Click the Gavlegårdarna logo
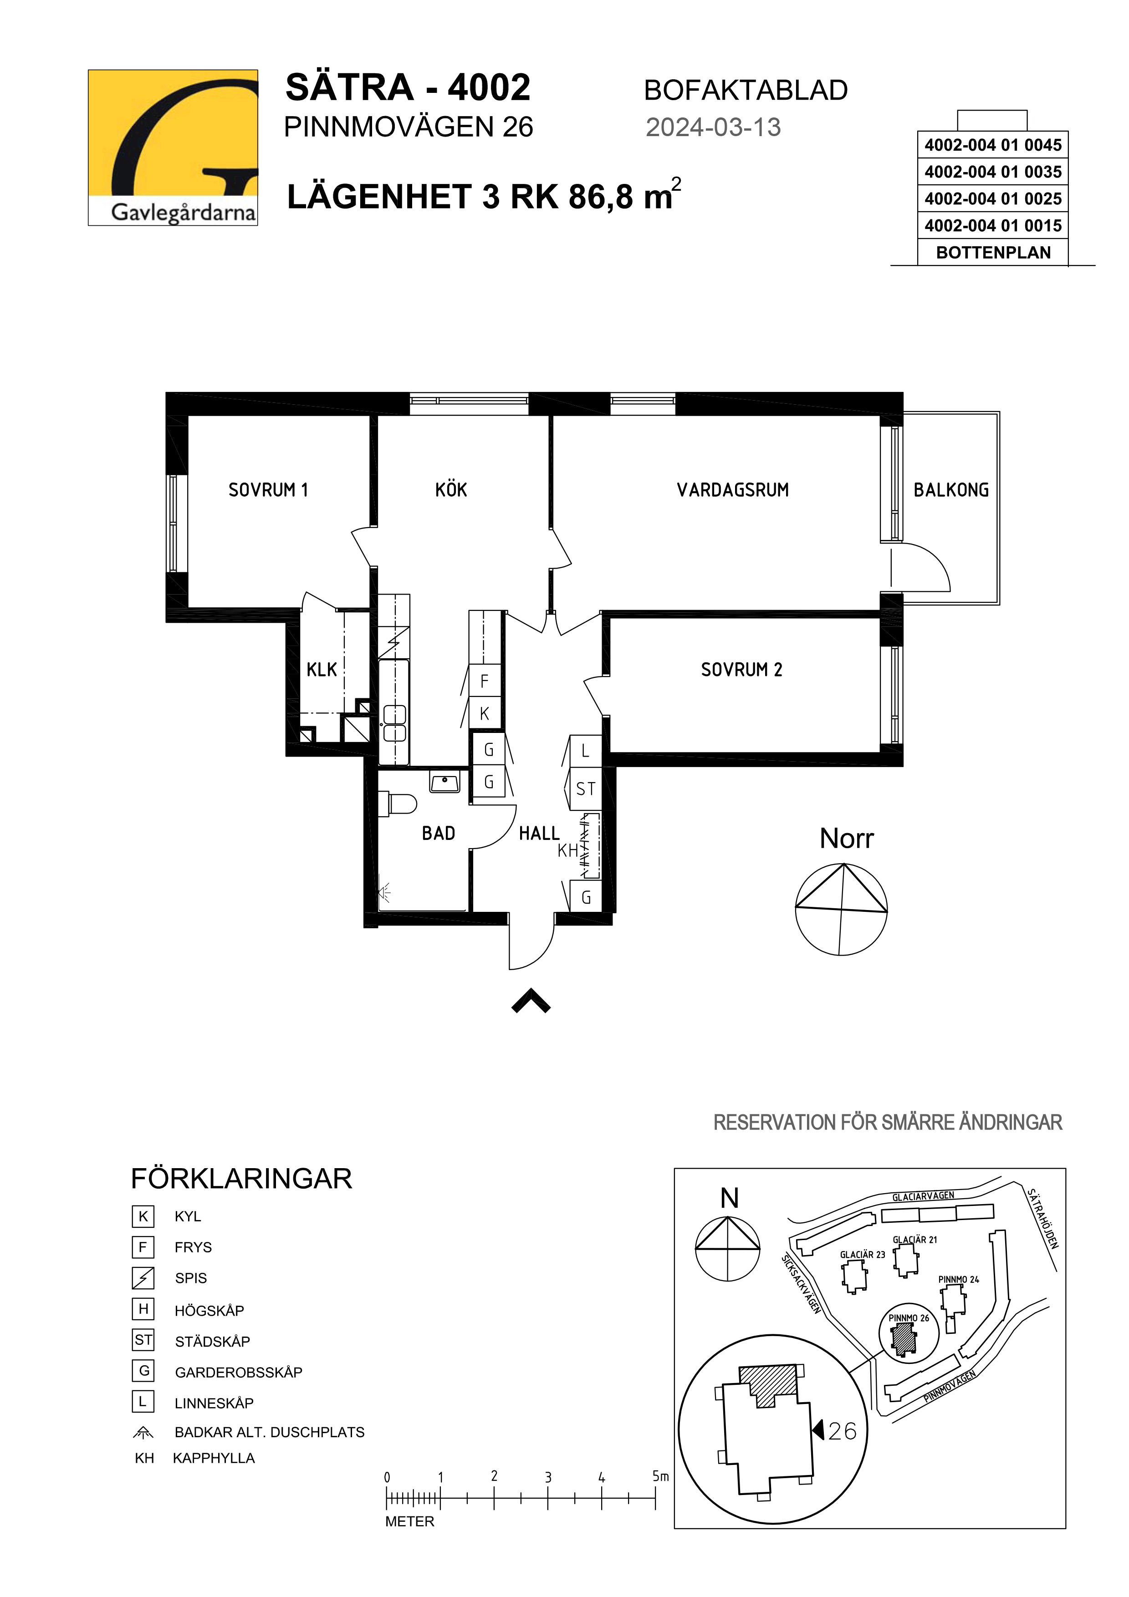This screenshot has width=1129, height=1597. (173, 147)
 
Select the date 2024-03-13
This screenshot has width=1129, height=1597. (713, 127)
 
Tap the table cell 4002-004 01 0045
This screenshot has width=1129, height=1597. (993, 145)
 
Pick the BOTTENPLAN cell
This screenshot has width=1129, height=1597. (993, 253)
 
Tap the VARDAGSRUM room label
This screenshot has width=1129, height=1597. (732, 490)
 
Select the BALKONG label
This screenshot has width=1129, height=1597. (951, 490)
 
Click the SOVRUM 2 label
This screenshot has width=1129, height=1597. (741, 669)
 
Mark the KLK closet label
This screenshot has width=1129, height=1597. (322, 669)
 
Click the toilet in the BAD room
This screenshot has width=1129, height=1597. (397, 804)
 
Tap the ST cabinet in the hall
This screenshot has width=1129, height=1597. (586, 789)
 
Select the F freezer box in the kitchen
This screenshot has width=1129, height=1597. (485, 681)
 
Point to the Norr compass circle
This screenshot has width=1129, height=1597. (841, 909)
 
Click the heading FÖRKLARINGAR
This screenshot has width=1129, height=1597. (241, 1179)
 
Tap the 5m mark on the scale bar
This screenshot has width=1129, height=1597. (660, 1476)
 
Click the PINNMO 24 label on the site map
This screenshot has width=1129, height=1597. (959, 1279)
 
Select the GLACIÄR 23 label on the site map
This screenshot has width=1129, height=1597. (863, 1255)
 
